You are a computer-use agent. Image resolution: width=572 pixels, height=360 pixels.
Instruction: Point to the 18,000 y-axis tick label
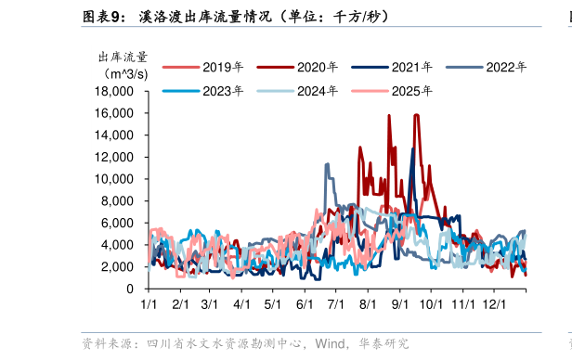(115, 92)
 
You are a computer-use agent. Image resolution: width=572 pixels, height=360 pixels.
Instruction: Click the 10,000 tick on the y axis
(115, 179)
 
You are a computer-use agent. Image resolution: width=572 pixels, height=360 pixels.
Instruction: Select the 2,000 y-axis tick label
(119, 267)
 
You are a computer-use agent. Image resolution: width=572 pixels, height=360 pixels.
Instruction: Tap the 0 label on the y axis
(131, 289)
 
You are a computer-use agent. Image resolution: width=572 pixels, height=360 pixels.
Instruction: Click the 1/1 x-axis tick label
(148, 303)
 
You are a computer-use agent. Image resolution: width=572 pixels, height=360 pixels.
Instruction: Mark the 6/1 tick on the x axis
(305, 303)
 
